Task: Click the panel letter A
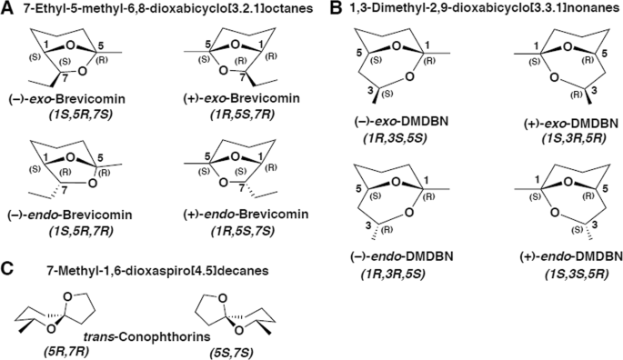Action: coord(7,9)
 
